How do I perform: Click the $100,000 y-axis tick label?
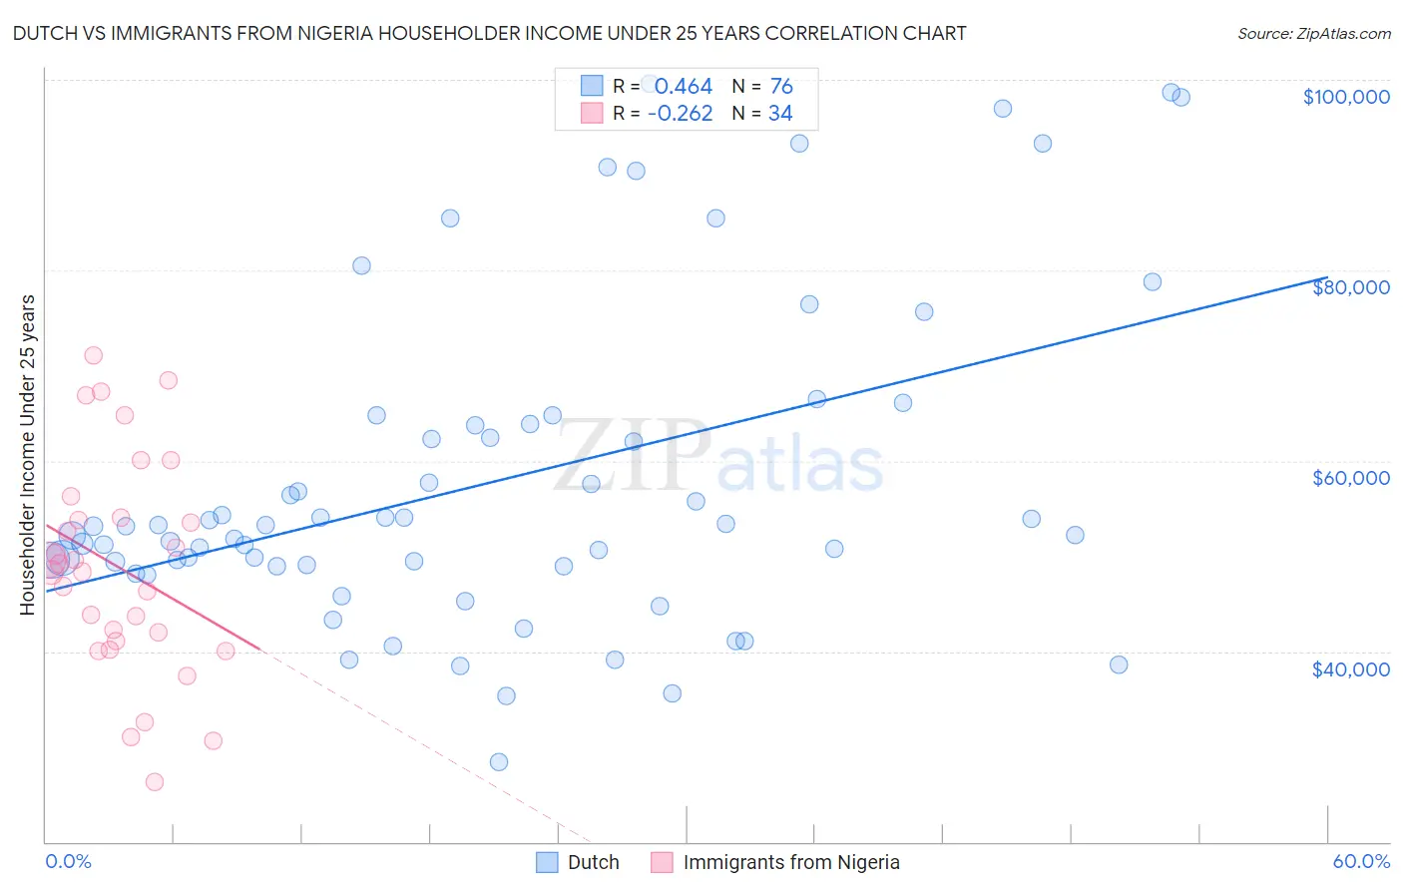[x=1346, y=97]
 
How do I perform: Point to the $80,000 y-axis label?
[x=1350, y=287]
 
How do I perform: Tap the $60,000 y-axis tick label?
[x=1350, y=478]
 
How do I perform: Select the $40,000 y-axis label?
[x=1350, y=668]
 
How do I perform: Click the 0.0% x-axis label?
[x=68, y=862]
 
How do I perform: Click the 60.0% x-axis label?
[x=1361, y=862]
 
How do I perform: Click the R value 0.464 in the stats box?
[x=684, y=87]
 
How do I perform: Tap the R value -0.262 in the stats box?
[x=680, y=114]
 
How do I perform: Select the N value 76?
[x=781, y=87]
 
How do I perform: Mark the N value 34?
[x=780, y=114]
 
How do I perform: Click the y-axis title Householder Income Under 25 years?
[x=27, y=455]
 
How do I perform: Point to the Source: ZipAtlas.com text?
[x=1313, y=34]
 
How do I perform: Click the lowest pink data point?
[x=155, y=782]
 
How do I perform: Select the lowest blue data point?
[x=499, y=762]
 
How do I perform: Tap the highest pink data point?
[x=94, y=355]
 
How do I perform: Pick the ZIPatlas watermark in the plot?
[x=718, y=456]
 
